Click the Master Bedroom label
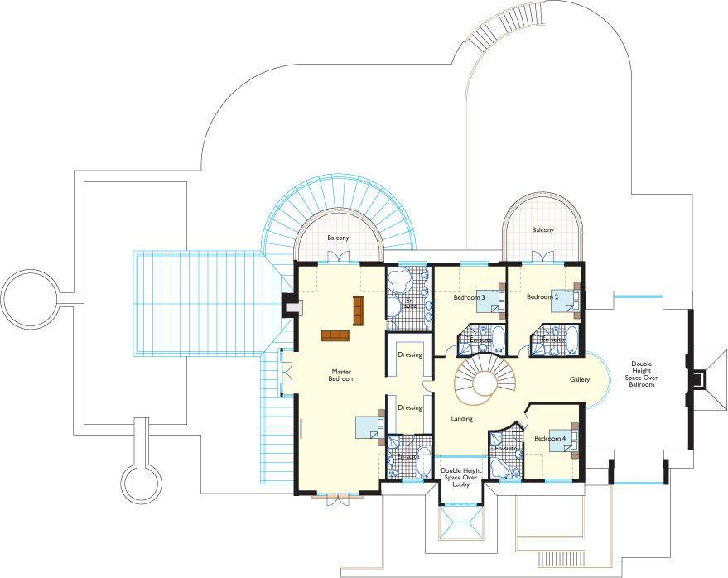[341, 375]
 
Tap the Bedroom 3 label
[469, 297]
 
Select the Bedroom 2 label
[542, 296]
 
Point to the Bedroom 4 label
[550, 438]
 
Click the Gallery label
[580, 379]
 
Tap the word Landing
[461, 419]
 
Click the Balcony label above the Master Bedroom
[338, 238]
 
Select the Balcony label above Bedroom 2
[542, 230]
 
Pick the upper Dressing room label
[409, 354]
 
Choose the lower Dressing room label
[409, 407]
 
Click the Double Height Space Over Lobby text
[461, 477]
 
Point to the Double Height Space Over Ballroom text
[641, 374]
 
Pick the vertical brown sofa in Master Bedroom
[359, 311]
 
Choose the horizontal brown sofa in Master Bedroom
[335, 335]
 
